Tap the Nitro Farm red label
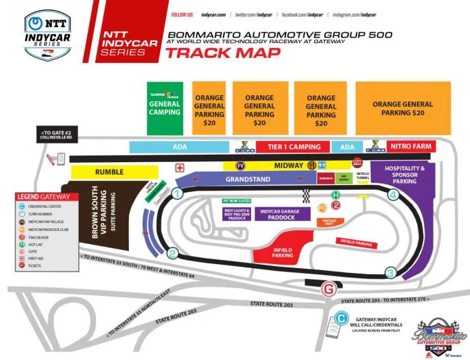tap(411, 147)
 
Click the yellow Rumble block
tap(109, 172)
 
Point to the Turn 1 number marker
tap(177, 193)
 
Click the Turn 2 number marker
tap(173, 253)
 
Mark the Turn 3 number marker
tap(390, 273)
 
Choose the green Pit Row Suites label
tap(238, 201)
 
